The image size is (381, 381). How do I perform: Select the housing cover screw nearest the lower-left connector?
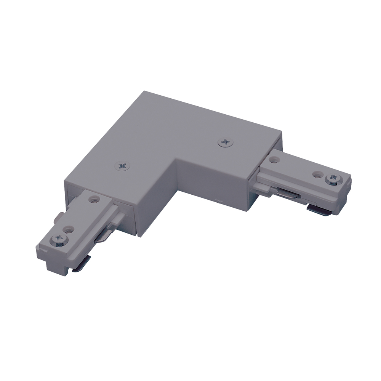pyautogui.click(x=122, y=166)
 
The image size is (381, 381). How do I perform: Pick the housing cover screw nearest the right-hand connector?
pyautogui.click(x=226, y=143)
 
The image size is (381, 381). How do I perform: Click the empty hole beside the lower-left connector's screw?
pyautogui.click(x=69, y=230)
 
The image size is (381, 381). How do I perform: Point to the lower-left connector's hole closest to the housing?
pyautogui.click(x=94, y=199)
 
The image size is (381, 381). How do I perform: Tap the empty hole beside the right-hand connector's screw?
pyautogui.click(x=317, y=174)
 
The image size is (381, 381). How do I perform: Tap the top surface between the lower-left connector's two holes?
pyautogui.click(x=81, y=215)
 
